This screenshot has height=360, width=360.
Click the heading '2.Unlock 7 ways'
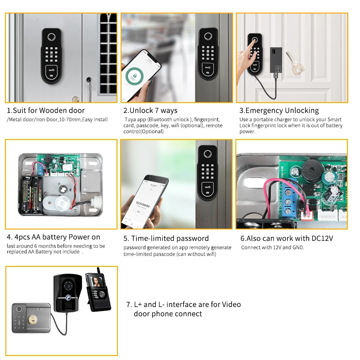(x=150, y=110)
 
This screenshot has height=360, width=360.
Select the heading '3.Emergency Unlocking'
(x=279, y=110)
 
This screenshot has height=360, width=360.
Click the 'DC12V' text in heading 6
(x=321, y=238)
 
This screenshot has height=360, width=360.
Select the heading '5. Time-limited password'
(x=166, y=238)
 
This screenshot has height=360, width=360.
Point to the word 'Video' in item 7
(x=231, y=305)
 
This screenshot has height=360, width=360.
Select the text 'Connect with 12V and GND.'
(x=273, y=247)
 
